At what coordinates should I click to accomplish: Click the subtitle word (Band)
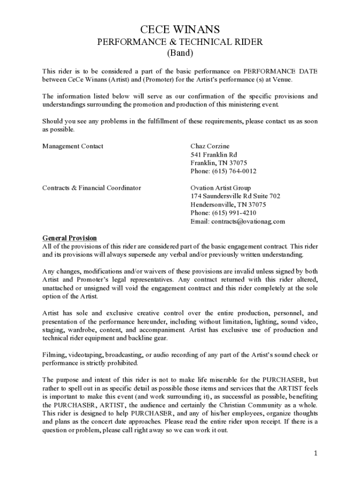180,53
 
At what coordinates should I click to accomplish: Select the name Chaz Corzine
210,146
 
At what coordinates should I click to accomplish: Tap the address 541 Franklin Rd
214,155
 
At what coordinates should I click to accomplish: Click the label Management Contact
73,146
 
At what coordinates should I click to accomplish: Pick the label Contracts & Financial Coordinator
92,188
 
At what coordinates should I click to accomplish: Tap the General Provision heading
70,238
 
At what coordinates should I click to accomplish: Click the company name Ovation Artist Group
221,188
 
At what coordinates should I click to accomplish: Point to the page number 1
316,453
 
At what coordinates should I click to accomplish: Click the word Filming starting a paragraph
54,355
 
